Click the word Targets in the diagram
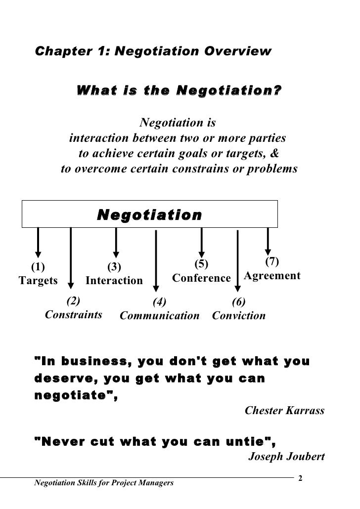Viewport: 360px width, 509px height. tap(38, 281)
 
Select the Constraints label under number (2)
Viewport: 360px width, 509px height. tap(74, 314)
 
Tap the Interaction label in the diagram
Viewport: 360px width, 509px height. tap(114, 281)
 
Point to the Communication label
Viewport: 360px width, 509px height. tap(160, 316)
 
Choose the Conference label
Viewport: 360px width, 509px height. tap(201, 278)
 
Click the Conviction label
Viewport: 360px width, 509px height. tap(239, 316)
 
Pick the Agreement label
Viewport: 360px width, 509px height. tap(272, 276)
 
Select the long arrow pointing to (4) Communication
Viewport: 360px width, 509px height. tap(156, 259)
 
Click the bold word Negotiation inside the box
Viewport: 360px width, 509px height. tap(149, 215)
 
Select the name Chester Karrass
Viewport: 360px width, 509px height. tap(285, 411)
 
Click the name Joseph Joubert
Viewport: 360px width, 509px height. tap(286, 456)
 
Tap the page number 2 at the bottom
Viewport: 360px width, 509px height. tap(301, 478)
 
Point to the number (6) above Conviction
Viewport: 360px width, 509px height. tap(239, 302)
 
